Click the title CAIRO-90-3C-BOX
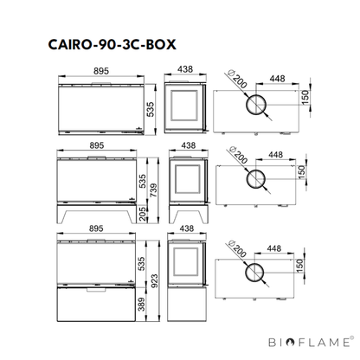(x=112, y=45)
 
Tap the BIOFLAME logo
(x=311, y=342)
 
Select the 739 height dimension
(x=154, y=190)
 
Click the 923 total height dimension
(x=154, y=281)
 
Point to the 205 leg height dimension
(x=143, y=214)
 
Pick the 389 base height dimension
(x=141, y=305)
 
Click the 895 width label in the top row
(x=101, y=71)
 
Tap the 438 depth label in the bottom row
(x=187, y=228)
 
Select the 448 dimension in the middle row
(x=276, y=155)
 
